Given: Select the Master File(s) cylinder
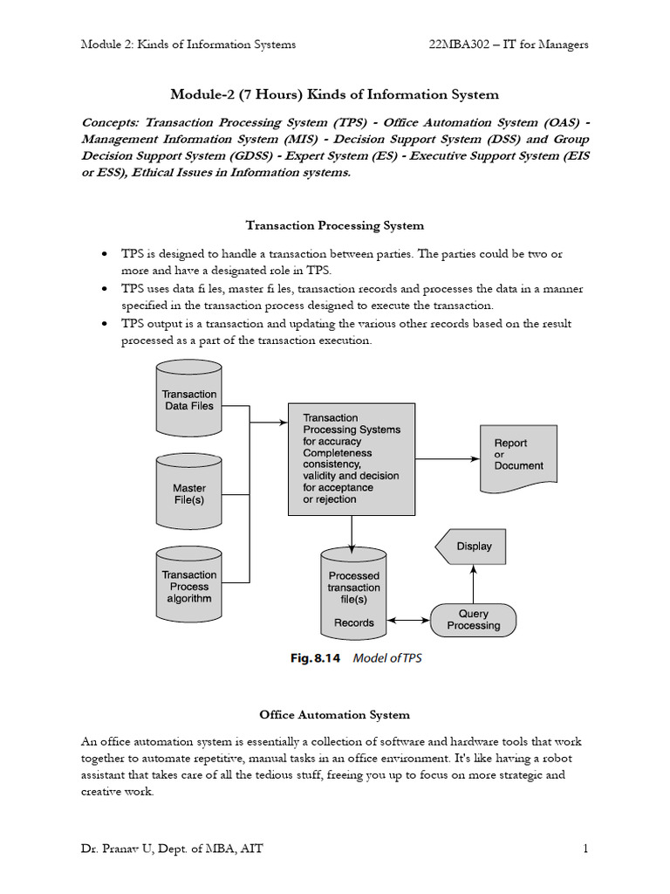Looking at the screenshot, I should click(x=189, y=493).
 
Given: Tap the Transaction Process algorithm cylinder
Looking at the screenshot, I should click(x=189, y=587).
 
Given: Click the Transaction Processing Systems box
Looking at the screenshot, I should click(x=351, y=458).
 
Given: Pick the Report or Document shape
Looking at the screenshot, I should click(x=517, y=455).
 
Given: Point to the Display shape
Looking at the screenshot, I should click(x=472, y=547).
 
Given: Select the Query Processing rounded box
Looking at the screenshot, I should click(x=474, y=620).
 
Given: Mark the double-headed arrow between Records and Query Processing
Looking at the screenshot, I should click(x=408, y=621).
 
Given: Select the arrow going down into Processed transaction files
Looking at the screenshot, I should click(x=352, y=532).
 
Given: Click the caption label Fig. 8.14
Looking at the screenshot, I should click(x=314, y=658).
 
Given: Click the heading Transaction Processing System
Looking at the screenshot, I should click(x=335, y=225).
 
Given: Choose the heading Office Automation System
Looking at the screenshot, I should click(x=335, y=715).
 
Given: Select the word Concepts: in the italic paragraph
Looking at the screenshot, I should click(x=112, y=123).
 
